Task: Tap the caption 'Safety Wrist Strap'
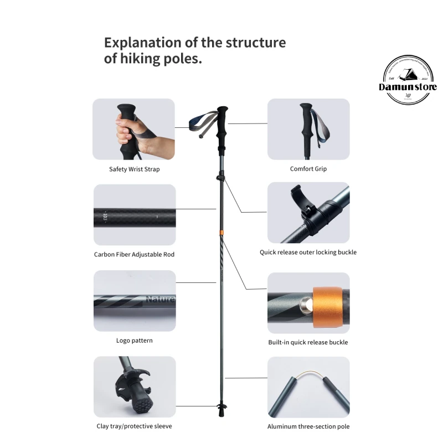pos(134,169)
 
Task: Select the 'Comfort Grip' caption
pos(308,169)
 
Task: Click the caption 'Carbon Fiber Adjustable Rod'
pos(135,255)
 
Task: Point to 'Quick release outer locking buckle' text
pos(308,252)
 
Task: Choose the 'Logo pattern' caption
pos(135,341)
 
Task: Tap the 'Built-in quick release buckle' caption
pos(308,342)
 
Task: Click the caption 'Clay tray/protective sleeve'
pos(135,426)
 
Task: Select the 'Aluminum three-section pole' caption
pos(308,426)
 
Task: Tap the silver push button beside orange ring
pos(305,303)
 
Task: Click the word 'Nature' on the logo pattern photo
pos(160,300)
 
